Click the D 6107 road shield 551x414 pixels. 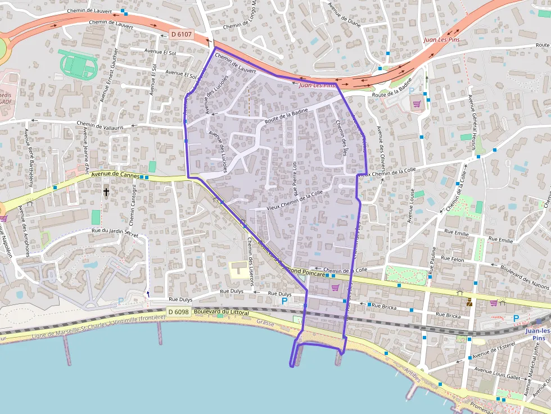[x=181, y=34]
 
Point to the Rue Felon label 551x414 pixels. [x=453, y=259]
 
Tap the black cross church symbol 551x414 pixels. [x=106, y=192]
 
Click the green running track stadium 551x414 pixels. [x=78, y=65]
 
